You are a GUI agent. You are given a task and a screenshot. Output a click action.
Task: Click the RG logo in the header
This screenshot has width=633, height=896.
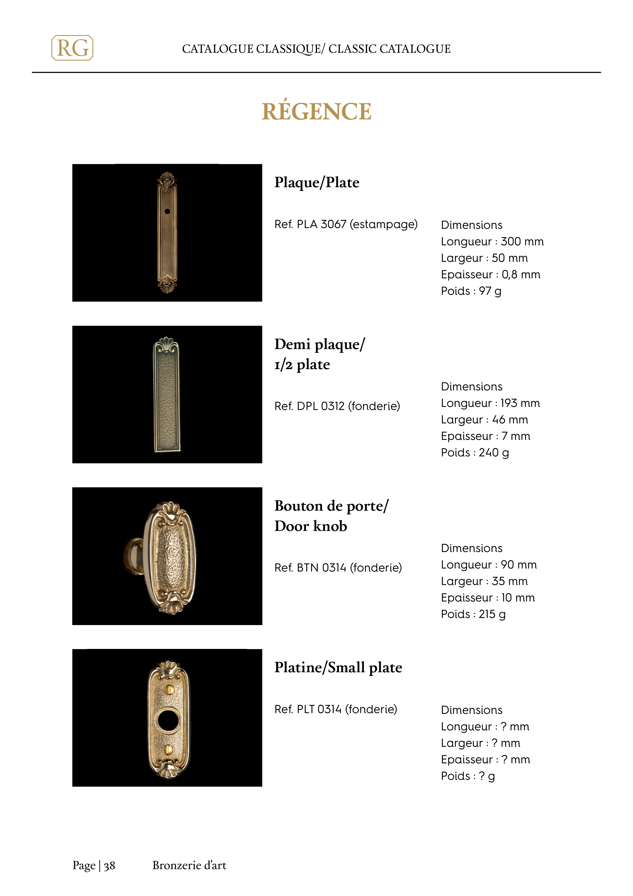(72, 48)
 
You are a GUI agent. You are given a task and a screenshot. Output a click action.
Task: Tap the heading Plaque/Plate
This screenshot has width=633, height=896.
(317, 182)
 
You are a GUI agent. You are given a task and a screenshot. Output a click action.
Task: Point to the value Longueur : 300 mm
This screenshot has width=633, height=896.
(492, 242)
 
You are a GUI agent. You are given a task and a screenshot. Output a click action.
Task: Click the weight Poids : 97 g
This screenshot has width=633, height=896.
(471, 291)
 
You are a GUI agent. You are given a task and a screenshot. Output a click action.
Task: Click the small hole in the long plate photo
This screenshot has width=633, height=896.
(167, 212)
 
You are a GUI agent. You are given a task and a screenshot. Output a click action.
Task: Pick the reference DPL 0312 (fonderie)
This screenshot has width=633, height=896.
(337, 406)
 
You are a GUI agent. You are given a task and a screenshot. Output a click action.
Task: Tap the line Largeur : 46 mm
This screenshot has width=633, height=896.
(484, 420)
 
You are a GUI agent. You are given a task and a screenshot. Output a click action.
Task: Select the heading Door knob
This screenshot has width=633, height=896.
(311, 526)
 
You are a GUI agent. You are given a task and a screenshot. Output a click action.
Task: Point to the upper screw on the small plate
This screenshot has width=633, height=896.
(169, 690)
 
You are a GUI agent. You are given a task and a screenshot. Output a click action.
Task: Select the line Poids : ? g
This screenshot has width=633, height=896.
(468, 776)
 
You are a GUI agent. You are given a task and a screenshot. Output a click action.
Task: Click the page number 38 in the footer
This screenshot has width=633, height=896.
(110, 866)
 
